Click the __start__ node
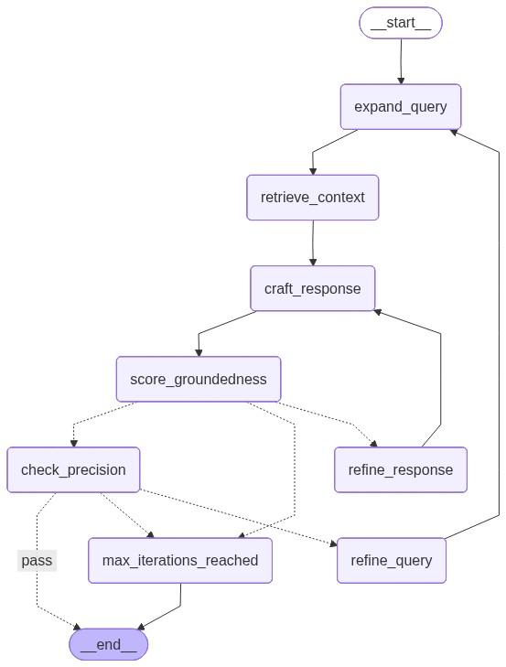tap(401, 23)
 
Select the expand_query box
tap(401, 107)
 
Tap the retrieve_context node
tap(312, 198)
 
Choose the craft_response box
tap(313, 288)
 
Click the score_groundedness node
tap(199, 379)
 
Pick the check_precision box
tap(73, 469)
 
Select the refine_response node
tap(401, 469)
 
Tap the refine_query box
tap(392, 560)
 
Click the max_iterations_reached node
tap(180, 560)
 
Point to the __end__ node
tap(108, 644)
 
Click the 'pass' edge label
tap(37, 560)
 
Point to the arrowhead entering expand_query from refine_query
tap(452, 131)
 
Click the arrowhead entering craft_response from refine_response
tap(376, 312)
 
